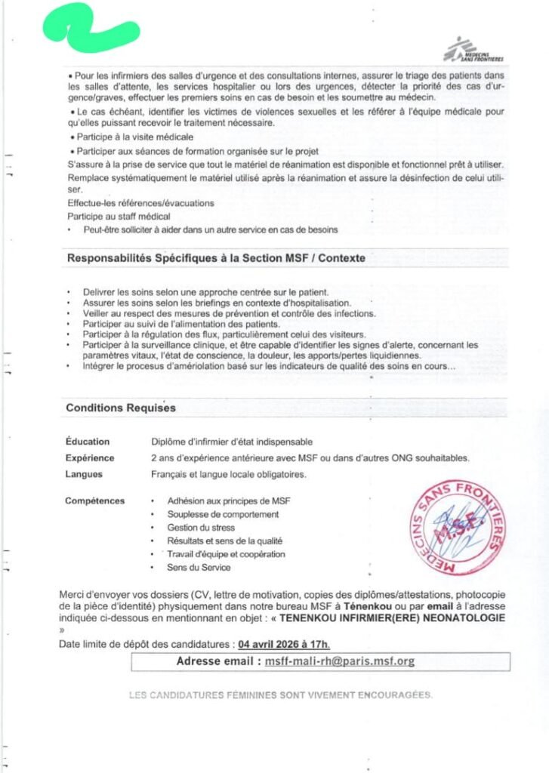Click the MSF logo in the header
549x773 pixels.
473,50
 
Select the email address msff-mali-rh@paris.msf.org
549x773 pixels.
339,661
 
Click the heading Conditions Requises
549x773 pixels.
121,408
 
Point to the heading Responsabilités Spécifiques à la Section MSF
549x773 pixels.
216,258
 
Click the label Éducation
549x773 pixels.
88,442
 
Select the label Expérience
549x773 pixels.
90,458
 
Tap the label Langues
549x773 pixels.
85,475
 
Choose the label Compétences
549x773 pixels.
95,500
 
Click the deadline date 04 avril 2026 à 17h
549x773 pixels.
284,644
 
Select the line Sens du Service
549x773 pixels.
199,567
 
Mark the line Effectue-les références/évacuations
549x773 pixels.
140,203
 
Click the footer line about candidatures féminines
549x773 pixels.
281,694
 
